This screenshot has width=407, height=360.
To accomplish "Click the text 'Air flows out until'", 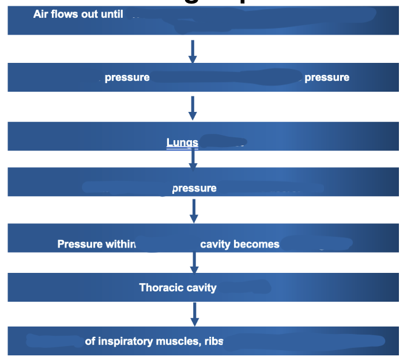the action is (78, 14).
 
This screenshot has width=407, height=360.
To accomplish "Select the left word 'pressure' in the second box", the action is (127, 77).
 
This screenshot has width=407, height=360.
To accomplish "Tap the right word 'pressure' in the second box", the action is (326, 77).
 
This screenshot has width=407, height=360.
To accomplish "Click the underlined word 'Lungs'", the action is (182, 142).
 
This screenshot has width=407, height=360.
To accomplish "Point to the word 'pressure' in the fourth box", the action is (194, 188).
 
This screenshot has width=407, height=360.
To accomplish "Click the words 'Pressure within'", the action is (96, 244).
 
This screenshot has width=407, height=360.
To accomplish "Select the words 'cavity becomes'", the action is (240, 244).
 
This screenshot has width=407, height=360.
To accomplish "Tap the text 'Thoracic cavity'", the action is (178, 287).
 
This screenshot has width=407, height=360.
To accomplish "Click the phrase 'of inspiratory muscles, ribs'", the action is (154, 341).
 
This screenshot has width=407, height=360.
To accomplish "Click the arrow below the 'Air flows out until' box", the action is (193, 51).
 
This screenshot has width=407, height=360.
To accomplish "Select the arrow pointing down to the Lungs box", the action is (193, 108).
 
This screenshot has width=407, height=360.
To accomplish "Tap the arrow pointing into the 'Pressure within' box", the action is (194, 211).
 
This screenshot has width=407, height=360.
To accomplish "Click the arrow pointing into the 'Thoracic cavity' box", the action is (194, 263).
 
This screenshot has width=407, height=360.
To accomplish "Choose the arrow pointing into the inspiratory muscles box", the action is (194, 314).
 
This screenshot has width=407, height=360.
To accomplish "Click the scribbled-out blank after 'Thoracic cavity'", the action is (243, 286).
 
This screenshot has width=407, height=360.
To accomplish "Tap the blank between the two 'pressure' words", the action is (227, 77).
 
